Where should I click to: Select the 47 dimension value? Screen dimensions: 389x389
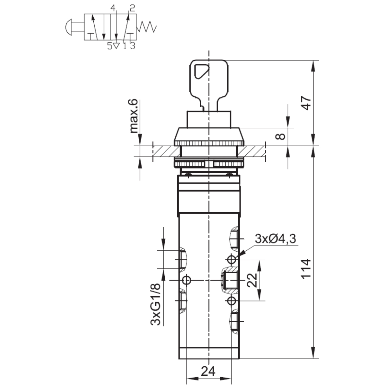(306, 103)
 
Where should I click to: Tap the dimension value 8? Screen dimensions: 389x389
(280, 137)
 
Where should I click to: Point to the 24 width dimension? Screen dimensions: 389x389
(208, 371)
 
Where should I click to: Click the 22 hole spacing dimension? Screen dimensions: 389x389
(252, 280)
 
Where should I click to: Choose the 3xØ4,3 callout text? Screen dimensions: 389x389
(275, 239)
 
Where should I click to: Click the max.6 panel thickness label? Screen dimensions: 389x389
(134, 116)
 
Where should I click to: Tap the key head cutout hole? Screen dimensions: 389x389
(201, 71)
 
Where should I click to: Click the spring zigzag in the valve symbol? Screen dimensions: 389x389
(147, 27)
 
